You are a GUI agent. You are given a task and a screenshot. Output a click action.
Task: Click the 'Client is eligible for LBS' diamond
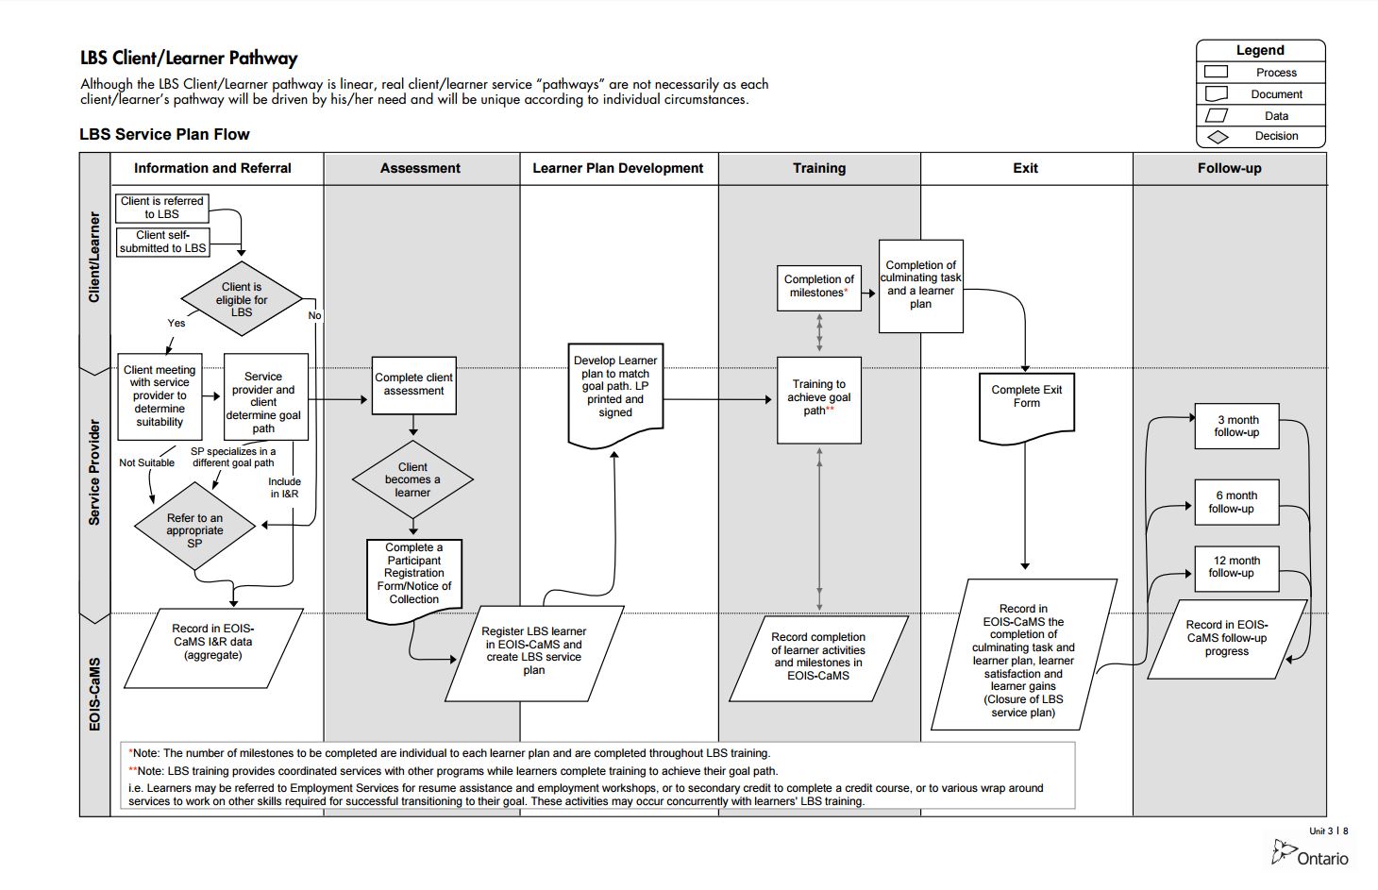coord(242,300)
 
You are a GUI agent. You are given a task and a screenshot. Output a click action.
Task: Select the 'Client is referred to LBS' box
coord(162,208)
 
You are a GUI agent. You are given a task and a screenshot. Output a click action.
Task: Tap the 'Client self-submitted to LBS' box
coord(162,242)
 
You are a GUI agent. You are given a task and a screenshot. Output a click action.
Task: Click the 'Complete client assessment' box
coord(413,384)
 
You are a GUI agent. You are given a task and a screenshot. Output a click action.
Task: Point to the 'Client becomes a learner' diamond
coord(412,479)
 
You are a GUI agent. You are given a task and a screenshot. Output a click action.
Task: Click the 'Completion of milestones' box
coord(819,287)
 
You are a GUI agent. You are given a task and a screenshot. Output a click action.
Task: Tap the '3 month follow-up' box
coord(1236,427)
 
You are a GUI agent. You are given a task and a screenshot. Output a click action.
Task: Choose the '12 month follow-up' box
coord(1236,567)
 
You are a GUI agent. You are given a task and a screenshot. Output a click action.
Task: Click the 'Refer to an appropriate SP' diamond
coord(194,529)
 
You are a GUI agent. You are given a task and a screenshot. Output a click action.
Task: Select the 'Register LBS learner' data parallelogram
coord(534,651)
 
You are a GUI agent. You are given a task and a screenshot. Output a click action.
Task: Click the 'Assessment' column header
coord(420,168)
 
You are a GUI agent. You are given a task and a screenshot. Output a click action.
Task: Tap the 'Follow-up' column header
coord(1229,168)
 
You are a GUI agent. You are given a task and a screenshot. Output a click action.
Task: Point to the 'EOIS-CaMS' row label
coord(94,694)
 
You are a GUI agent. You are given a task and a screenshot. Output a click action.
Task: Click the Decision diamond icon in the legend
coord(1218,137)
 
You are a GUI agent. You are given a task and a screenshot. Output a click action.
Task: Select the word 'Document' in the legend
coord(1276,94)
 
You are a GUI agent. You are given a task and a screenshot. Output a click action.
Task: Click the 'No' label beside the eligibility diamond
coord(314,315)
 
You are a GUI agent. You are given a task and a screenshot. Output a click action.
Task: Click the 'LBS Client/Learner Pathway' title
coord(189,59)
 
